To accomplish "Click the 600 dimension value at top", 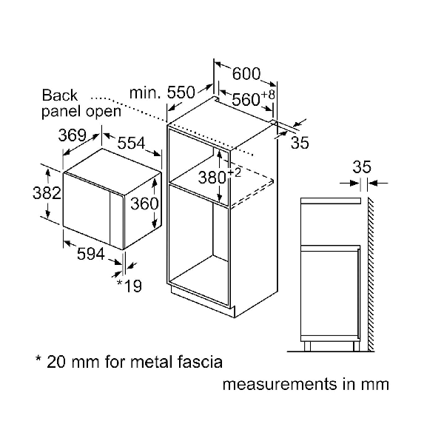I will point(246,74).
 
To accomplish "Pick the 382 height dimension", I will point(25,192).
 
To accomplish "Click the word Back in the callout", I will point(60,95).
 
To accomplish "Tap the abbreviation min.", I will point(144,92).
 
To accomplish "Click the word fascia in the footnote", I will point(196,362).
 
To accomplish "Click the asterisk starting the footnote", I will point(38,361).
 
